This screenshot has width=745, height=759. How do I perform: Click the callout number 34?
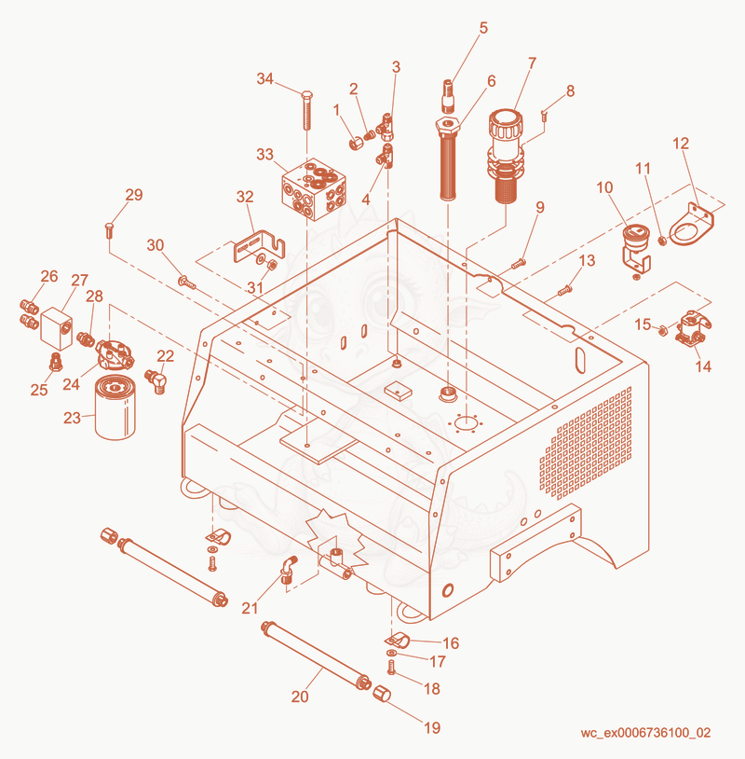tap(264, 78)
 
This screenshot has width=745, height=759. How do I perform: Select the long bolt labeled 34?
tap(306, 110)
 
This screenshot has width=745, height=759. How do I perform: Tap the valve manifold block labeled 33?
tap(314, 189)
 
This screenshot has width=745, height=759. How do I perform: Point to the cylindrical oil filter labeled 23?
tap(115, 407)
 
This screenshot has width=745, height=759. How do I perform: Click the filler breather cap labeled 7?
tap(507, 155)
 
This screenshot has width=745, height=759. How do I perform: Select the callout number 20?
tap(300, 697)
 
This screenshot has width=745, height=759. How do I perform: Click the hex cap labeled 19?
tap(382, 693)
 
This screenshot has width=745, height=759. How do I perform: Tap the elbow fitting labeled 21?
tap(288, 568)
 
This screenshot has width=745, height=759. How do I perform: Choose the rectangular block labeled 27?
tap(57, 328)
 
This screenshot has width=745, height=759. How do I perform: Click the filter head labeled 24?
tap(115, 355)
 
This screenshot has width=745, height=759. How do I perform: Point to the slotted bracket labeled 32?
tap(259, 247)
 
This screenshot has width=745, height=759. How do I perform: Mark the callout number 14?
tap(703, 366)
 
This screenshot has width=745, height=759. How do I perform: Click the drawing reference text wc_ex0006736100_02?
tap(645, 732)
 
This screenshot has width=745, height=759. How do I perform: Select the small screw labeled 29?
tap(109, 230)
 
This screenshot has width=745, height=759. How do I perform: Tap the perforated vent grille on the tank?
tap(586, 443)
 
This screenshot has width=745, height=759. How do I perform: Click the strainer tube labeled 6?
tap(448, 159)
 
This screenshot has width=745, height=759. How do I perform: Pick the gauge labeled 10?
tap(635, 248)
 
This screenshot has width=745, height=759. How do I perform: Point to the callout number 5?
tap(483, 28)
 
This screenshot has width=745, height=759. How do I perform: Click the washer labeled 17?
tap(391, 654)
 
